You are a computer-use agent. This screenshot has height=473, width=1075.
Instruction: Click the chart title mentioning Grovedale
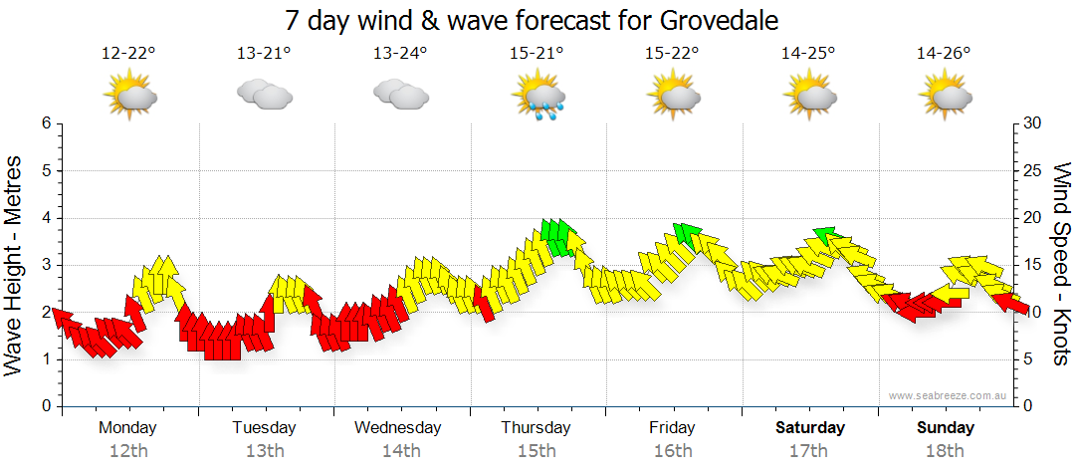(x=532, y=20)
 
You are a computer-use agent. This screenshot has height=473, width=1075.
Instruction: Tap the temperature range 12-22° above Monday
(x=129, y=54)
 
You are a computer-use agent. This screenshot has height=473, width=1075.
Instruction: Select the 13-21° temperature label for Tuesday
(x=265, y=54)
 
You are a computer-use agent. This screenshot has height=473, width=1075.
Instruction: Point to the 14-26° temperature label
(x=944, y=54)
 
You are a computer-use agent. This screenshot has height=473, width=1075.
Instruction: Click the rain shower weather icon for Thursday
(x=538, y=96)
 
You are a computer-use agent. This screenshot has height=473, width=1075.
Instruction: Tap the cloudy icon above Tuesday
(x=265, y=95)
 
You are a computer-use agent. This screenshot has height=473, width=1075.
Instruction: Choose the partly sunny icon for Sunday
(x=944, y=96)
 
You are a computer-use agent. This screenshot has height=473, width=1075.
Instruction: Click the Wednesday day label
(x=398, y=428)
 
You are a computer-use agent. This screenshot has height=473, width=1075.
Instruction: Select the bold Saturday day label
(x=810, y=428)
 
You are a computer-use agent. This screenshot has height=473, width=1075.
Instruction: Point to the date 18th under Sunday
(x=946, y=451)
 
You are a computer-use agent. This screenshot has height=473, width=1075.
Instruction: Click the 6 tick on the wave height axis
(x=46, y=123)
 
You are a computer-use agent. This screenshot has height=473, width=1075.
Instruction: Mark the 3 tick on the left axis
(x=46, y=265)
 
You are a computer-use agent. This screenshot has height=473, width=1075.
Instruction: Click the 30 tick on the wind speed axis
(x=1032, y=123)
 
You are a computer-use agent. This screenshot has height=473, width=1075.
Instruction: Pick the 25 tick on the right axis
(x=1032, y=170)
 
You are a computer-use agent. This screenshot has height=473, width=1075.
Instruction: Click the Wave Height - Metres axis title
(x=15, y=264)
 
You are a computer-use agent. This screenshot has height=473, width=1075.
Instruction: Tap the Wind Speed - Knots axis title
(x=1062, y=264)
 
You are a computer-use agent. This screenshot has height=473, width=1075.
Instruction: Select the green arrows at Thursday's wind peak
(x=560, y=237)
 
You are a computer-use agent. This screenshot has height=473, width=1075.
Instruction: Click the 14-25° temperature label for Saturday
(x=808, y=54)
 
